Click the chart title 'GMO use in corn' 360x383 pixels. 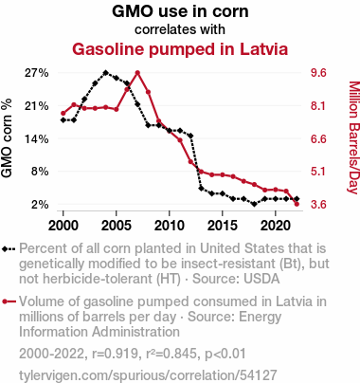click(x=180, y=11)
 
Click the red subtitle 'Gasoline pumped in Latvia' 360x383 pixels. click(x=180, y=49)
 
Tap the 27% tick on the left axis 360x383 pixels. click(x=37, y=73)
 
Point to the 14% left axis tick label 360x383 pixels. click(x=37, y=138)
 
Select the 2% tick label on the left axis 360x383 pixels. click(x=40, y=205)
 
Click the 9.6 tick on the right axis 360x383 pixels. click(x=318, y=73)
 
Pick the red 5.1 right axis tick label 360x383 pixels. click(x=318, y=172)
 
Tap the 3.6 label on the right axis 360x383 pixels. click(x=318, y=205)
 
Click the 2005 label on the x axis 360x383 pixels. click(x=117, y=226)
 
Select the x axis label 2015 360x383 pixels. click(x=223, y=226)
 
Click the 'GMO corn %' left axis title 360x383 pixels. click(x=7, y=138)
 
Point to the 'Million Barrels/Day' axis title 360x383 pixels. click(x=354, y=137)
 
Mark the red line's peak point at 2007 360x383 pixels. click(x=137, y=73)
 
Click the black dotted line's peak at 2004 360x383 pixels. click(x=106, y=73)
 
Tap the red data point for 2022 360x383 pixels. click(x=297, y=204)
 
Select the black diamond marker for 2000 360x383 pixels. click(x=63, y=120)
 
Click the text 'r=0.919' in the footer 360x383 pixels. click(x=114, y=354)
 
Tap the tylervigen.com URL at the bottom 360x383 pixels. click(x=148, y=375)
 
